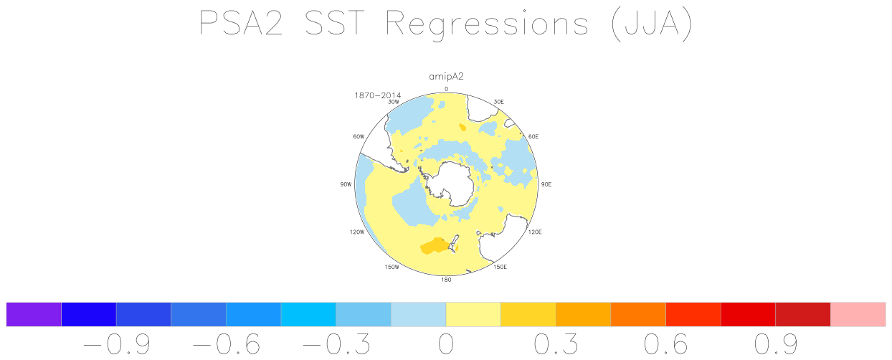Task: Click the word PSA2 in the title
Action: coord(241,24)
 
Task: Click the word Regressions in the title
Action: coord(487,25)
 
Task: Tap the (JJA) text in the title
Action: coord(652,24)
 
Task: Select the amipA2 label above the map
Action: coord(446,77)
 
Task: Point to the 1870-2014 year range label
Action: coord(377,95)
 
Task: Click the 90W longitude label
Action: coord(346,184)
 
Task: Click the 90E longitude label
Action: coord(546,184)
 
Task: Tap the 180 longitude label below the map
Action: coord(446,280)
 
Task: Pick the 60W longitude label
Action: coord(359,136)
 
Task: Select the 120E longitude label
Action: coord(535,232)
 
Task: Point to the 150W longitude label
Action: coord(392,267)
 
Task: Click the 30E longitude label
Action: coord(498,102)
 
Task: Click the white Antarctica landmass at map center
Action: coord(452,184)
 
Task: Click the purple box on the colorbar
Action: coord(34,314)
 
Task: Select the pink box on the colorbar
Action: coord(858,314)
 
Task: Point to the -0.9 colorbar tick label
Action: coord(116,344)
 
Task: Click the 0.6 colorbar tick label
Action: coord(666,344)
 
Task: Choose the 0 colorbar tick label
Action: coord(446,344)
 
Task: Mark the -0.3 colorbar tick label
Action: coord(336,344)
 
